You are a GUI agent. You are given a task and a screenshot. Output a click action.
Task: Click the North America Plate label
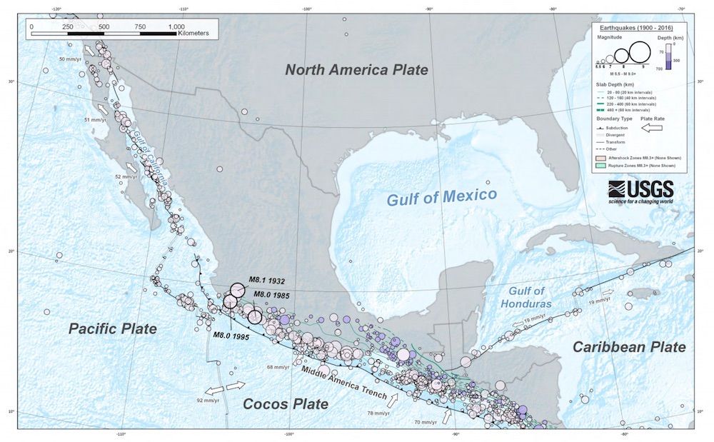356,69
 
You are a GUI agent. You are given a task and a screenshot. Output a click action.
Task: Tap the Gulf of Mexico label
442,196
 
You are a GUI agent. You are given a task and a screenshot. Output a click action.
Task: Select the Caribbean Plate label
629,347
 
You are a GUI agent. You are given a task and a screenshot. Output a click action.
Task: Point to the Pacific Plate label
112,328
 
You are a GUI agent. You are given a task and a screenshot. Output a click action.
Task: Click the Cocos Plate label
286,403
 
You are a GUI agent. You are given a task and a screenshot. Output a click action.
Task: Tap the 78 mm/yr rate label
379,413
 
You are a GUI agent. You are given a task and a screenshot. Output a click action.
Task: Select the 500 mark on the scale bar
104,26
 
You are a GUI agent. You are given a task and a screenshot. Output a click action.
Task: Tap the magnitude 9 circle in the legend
640,52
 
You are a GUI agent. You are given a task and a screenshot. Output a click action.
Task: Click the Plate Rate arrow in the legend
653,128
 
